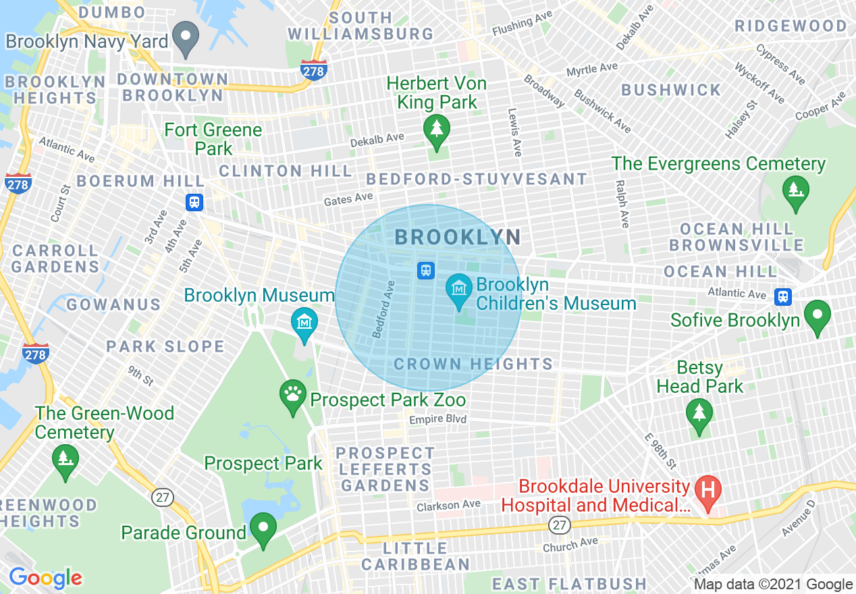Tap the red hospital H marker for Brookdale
point(707,491)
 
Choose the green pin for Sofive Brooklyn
point(818,316)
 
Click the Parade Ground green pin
point(263,529)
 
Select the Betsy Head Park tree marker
point(699,414)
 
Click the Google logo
point(45,578)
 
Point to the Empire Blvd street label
point(438,420)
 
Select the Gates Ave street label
point(348,199)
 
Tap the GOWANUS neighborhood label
point(113,305)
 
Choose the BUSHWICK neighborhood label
point(671,90)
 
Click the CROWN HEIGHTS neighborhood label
point(473,364)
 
